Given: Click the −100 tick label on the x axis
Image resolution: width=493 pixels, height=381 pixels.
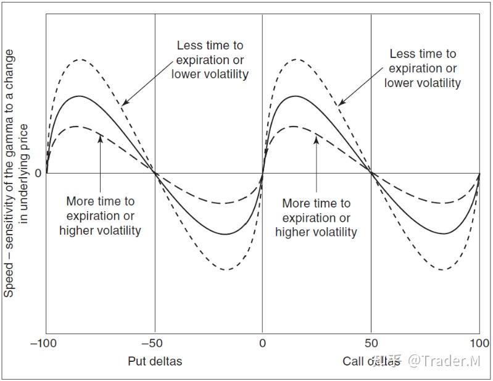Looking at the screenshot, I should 46,343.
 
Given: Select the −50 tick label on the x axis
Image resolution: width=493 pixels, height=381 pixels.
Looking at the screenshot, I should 154,343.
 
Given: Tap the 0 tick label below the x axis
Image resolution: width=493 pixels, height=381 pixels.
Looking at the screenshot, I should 263,343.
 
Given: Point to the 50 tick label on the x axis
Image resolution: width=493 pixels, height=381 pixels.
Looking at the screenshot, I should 371,343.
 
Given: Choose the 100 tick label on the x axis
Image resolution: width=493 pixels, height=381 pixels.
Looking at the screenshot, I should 479,343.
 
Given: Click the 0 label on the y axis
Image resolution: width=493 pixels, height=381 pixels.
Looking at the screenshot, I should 38,174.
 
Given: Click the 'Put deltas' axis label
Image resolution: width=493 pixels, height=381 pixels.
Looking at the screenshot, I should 155,361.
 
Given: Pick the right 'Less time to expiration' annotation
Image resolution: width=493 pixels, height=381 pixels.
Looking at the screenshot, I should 423,68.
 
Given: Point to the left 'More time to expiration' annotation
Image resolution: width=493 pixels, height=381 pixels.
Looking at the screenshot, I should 100,216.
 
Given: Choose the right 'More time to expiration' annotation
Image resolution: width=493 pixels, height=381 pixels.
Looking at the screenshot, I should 316,217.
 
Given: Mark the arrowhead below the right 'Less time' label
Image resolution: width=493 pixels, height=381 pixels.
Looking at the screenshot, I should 339,103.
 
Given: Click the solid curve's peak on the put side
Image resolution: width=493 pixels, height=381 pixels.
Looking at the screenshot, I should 79,96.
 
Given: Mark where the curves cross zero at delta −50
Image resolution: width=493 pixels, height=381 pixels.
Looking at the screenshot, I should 154,174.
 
